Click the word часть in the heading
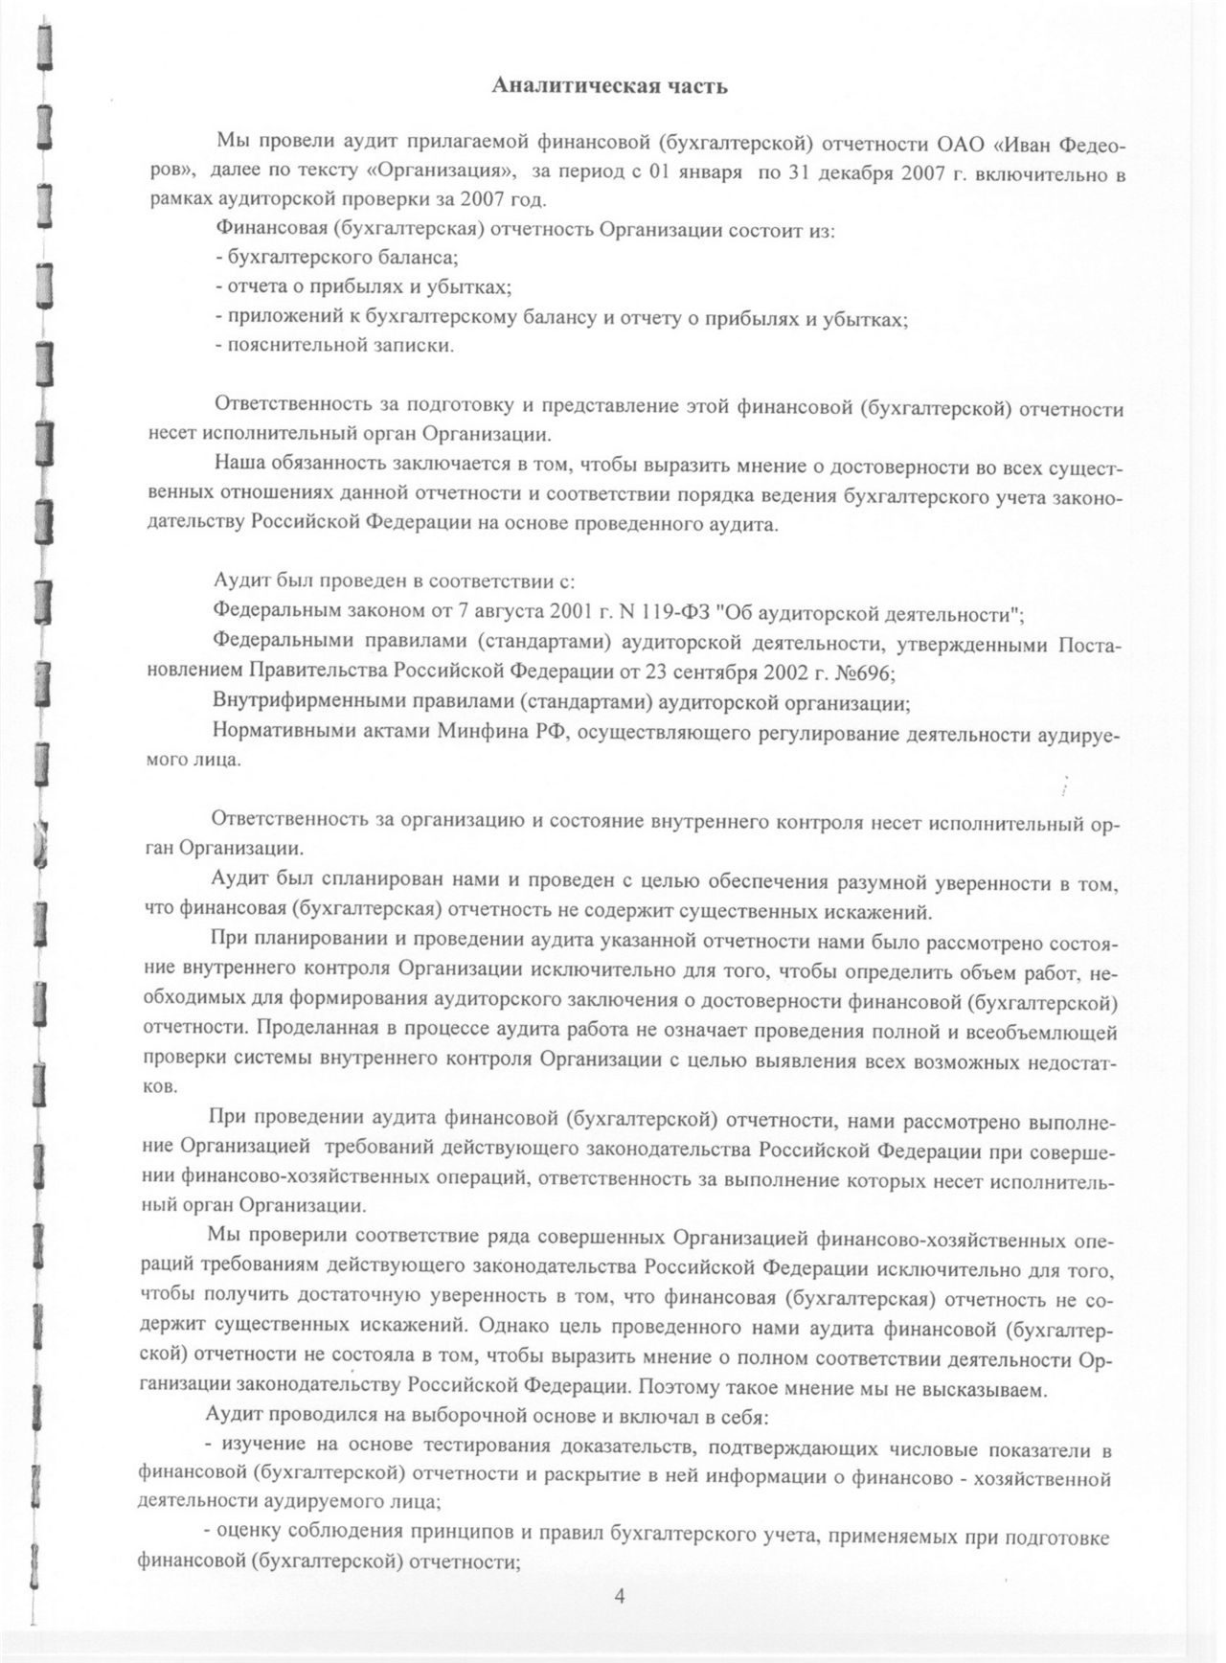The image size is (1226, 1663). [693, 86]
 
